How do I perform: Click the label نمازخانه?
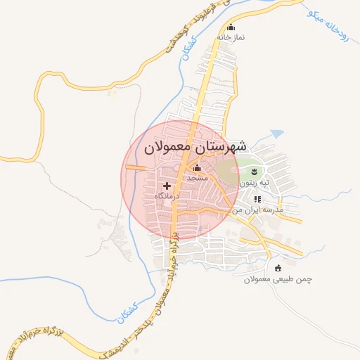pos(230,37)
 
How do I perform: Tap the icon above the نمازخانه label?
pos(230,27)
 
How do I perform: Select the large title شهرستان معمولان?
pos(195,148)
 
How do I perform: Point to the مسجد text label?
pos(196,178)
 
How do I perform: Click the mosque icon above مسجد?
pos(197,168)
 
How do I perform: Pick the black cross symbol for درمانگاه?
pos(167,186)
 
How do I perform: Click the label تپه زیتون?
pos(255,183)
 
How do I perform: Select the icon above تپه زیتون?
pos(254,173)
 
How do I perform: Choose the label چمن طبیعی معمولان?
pos(278,279)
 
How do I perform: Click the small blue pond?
pos(277,133)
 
